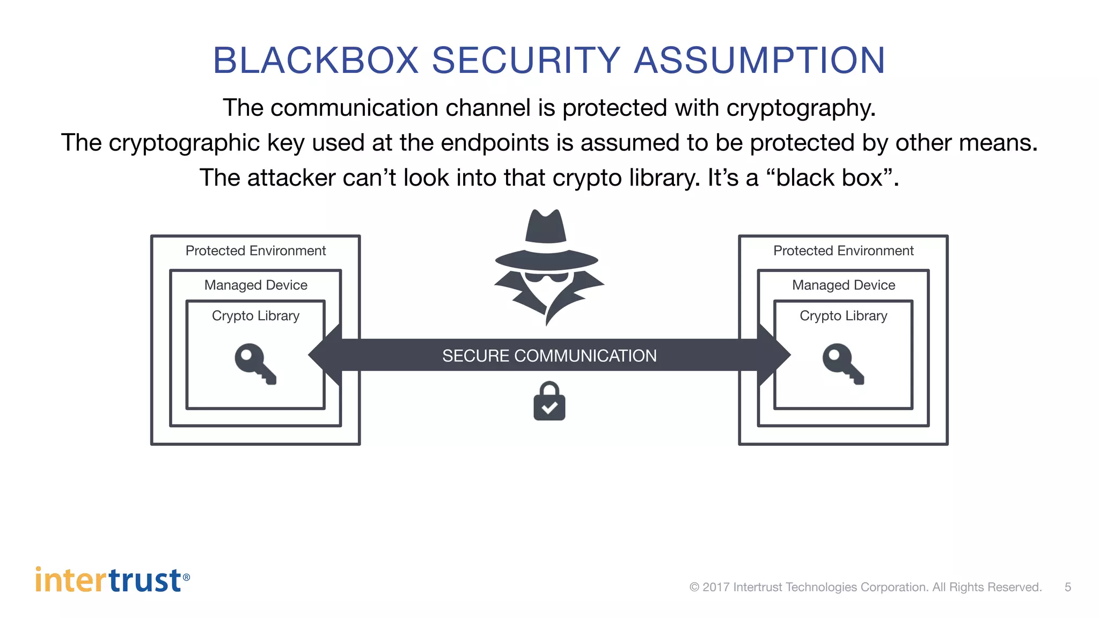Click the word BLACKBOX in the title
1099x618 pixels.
[316, 60]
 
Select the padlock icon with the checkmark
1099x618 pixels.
[549, 402]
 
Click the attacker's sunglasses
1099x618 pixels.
[546, 277]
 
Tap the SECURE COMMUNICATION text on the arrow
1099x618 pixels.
[549, 356]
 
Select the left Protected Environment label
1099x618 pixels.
[255, 251]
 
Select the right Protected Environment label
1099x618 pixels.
[843, 251]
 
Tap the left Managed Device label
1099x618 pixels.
[255, 285]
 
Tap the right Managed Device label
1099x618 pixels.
[843, 285]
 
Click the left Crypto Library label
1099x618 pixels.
[255, 315]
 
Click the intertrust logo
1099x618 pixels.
[112, 580]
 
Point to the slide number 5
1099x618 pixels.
[1067, 587]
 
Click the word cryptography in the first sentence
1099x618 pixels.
[801, 108]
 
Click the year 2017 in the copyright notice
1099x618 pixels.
[715, 587]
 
